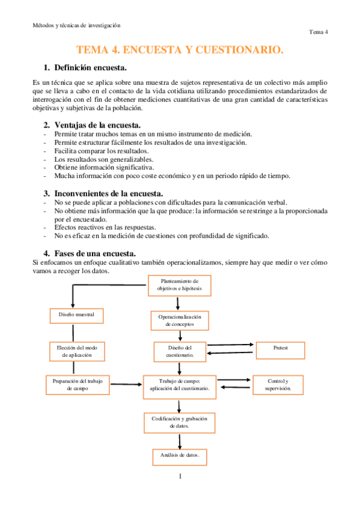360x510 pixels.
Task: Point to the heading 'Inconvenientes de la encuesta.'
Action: pyautogui.click(x=109, y=193)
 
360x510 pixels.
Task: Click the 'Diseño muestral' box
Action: pyautogui.click(x=76, y=315)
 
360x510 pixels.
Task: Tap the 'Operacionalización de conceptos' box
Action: pyautogui.click(x=180, y=320)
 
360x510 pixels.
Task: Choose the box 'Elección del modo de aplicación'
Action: pyautogui.click(x=76, y=351)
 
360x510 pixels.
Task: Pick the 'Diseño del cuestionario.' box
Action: pyautogui.click(x=180, y=351)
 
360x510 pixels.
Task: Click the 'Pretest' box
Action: pyautogui.click(x=281, y=348)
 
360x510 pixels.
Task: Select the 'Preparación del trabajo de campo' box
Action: pyautogui.click(x=78, y=384)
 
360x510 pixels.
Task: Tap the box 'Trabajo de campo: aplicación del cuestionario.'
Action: pyautogui.click(x=180, y=384)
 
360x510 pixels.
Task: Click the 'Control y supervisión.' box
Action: pyautogui.click(x=278, y=384)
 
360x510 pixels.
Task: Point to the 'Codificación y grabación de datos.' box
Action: pyautogui.click(x=180, y=422)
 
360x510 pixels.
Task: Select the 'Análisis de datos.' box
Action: pyautogui.click(x=180, y=455)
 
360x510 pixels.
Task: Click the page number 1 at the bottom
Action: pyautogui.click(x=180, y=477)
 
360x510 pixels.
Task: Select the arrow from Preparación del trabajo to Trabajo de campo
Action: pyautogui.click(x=126, y=385)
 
